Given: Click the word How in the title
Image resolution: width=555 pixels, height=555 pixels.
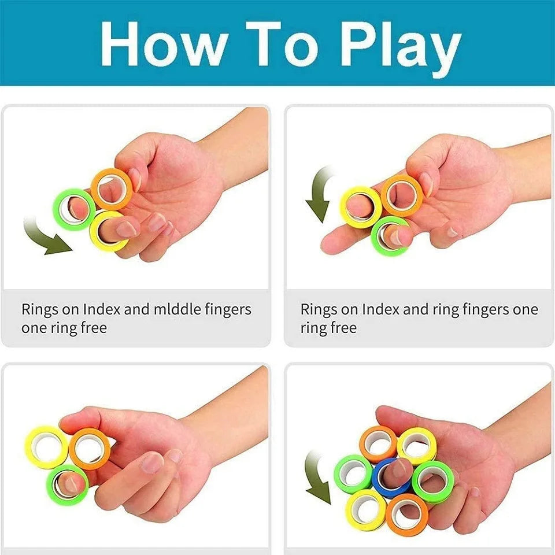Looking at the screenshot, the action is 163,43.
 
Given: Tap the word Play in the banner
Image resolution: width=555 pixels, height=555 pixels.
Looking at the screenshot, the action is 400,49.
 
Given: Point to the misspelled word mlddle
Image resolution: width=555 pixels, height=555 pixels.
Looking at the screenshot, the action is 177,309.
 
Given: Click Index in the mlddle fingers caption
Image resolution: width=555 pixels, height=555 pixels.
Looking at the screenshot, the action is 101,309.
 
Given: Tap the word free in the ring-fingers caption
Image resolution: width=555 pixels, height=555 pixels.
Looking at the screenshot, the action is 342,328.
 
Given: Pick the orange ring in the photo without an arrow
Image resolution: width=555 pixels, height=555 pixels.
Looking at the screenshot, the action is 75,450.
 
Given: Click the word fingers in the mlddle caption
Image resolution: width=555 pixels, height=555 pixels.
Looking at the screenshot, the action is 228,310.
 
